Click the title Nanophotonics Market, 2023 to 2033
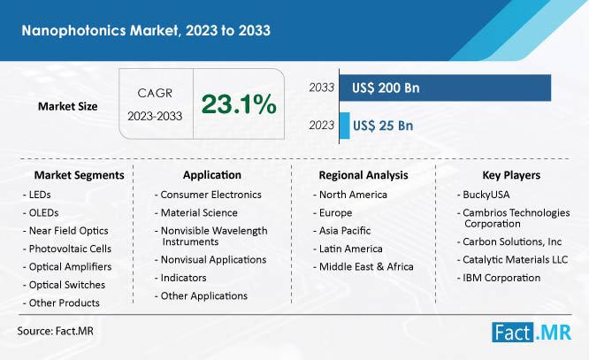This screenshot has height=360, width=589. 146,30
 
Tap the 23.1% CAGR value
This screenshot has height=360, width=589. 239,104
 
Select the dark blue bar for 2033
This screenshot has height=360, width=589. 445,88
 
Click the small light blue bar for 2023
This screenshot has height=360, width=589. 344,126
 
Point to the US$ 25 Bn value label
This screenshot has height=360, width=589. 383,126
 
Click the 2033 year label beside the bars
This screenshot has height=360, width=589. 322,88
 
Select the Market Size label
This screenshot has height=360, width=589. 67,106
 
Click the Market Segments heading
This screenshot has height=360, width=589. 80,175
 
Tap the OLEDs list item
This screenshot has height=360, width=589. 43,212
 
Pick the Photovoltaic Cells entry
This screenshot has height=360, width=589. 70,249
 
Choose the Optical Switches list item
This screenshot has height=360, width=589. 67,285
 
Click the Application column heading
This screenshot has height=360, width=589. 212,175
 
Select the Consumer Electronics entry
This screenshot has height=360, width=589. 210,195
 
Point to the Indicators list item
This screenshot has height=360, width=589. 183,278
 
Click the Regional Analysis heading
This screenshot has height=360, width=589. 363,175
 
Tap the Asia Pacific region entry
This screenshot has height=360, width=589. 345,231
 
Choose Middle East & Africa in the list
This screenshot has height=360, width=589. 366,267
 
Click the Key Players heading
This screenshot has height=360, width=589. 511,175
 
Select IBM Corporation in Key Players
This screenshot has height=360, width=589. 501,278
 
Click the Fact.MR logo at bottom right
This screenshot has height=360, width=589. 532,333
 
